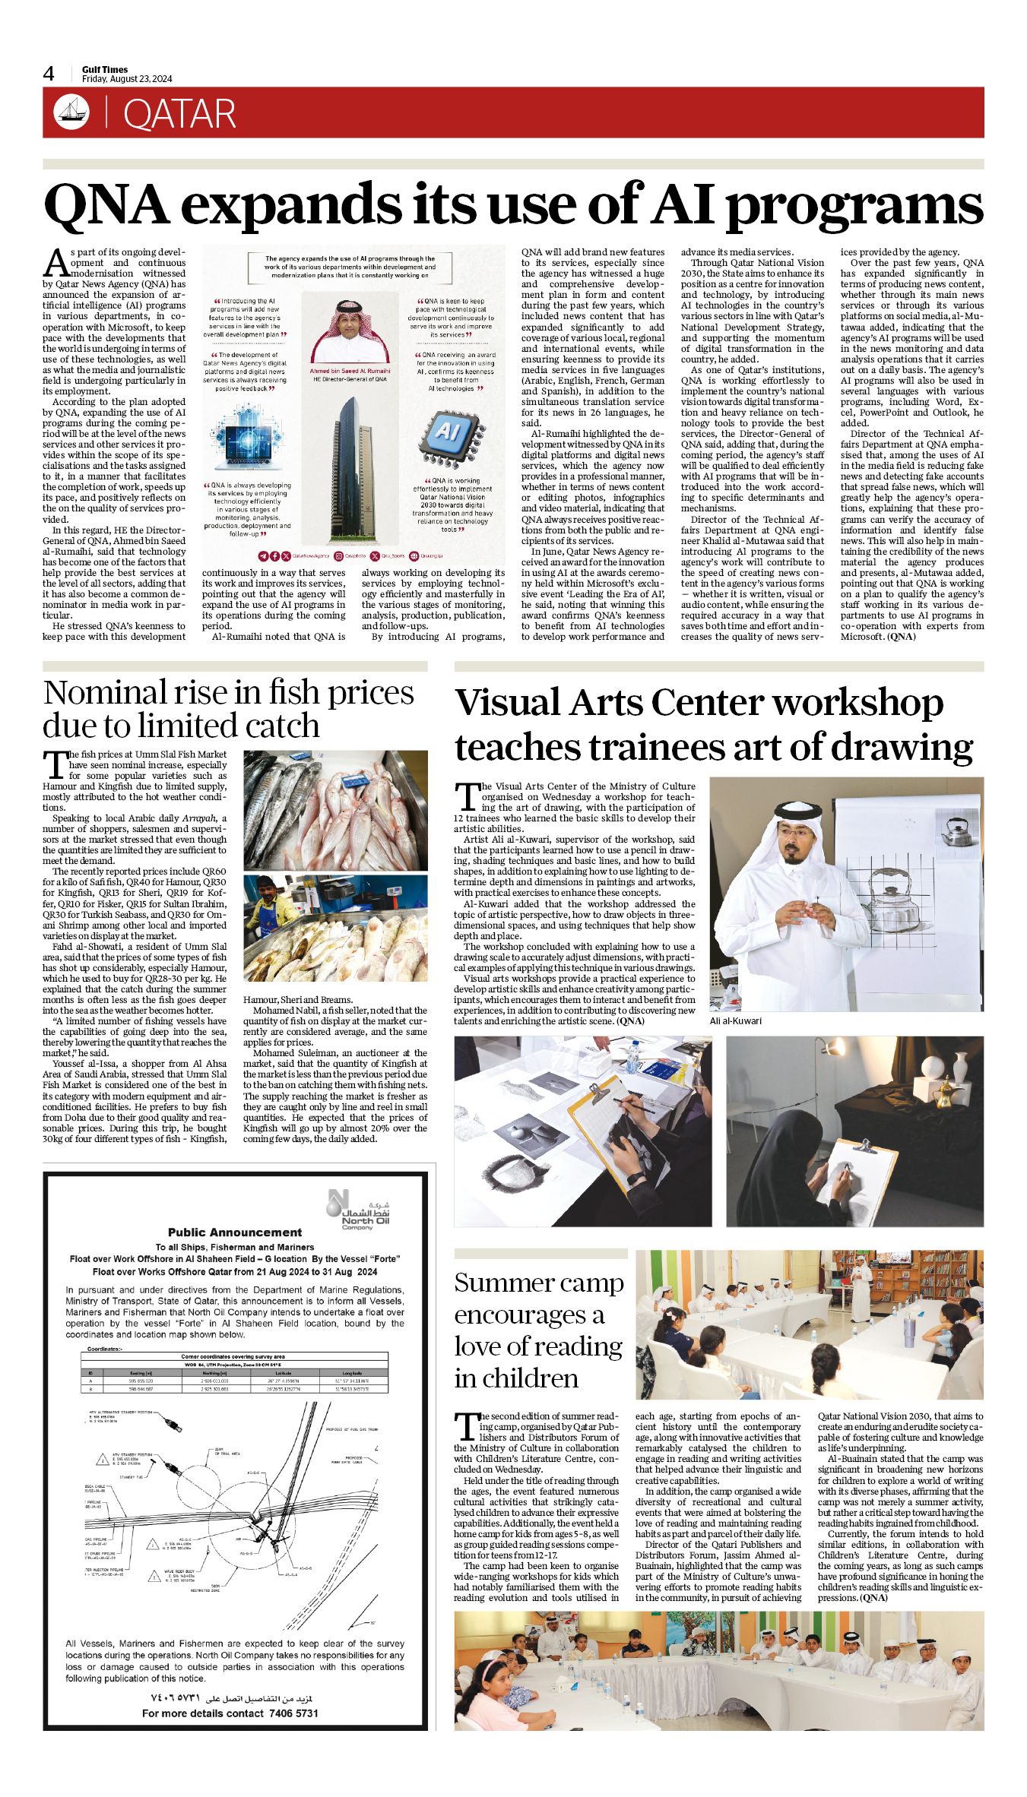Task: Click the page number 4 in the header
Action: [x=49, y=74]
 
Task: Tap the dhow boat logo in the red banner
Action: [x=71, y=112]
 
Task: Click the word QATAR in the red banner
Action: [x=179, y=114]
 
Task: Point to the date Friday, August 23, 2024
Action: [x=127, y=79]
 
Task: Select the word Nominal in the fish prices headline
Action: [x=104, y=693]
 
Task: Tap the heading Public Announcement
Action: [x=235, y=1232]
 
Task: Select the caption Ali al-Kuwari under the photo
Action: [x=735, y=1020]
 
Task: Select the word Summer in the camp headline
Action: [x=502, y=1283]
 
